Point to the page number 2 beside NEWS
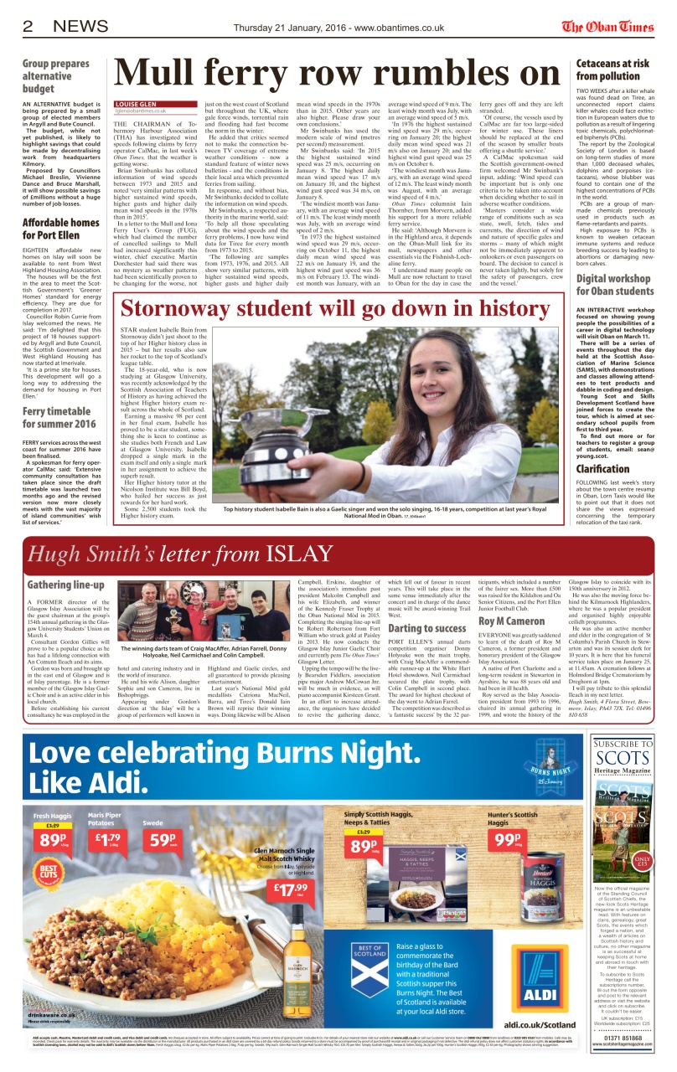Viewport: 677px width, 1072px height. [28, 27]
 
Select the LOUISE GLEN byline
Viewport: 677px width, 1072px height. [137, 105]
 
